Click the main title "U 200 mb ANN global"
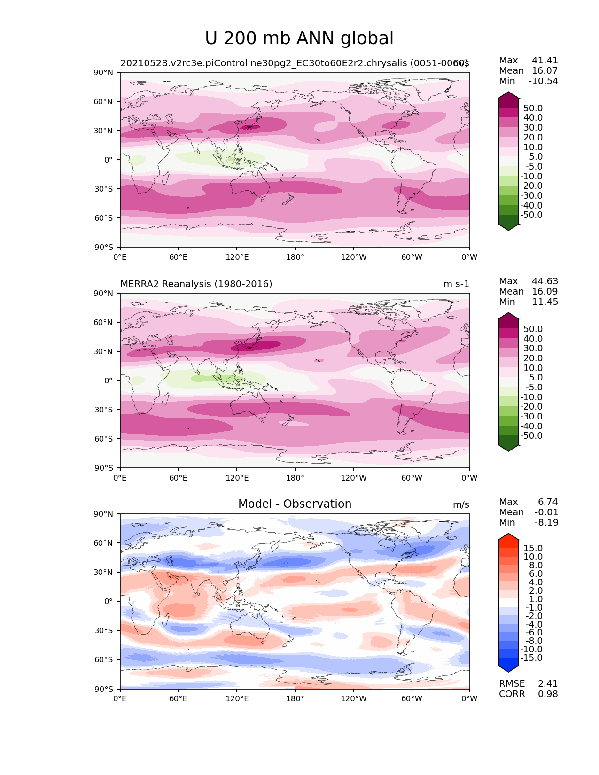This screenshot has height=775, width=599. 299,39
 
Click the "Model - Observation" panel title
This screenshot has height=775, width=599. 295,504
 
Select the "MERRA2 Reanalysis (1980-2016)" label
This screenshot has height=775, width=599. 196,284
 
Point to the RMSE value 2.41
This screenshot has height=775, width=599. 548,684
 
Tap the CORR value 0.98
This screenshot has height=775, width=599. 548,694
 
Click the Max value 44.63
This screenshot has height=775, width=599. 545,281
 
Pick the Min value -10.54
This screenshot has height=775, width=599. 544,81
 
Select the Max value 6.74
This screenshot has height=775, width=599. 548,502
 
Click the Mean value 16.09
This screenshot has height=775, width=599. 545,292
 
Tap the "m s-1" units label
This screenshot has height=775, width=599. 456,284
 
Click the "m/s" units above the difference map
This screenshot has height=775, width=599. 461,505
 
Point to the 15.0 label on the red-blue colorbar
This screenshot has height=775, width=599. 533,549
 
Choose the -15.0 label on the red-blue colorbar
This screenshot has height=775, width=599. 531,658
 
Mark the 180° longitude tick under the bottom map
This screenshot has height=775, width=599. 295,699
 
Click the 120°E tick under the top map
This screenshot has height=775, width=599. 237,257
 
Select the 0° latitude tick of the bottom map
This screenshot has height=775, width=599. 109,602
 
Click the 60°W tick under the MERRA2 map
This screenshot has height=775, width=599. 412,478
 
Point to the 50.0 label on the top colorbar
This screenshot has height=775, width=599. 533,108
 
